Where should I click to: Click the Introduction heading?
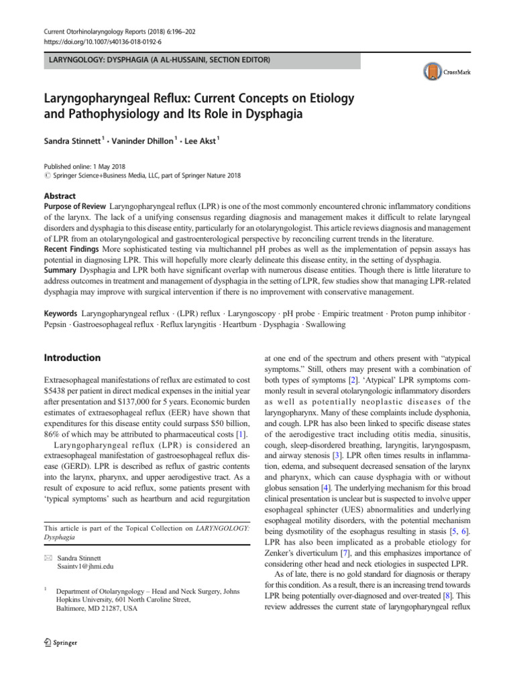pos(71,358)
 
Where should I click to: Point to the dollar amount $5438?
pos(56,391)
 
